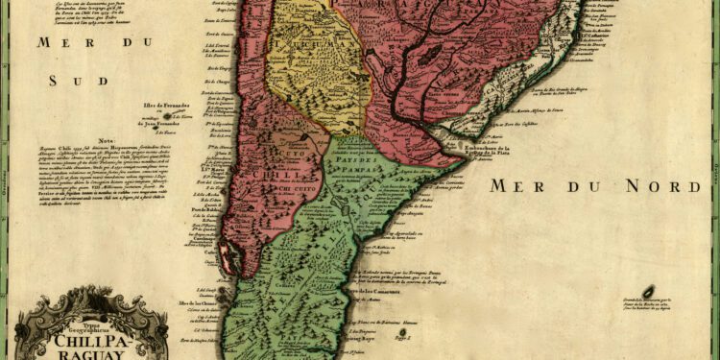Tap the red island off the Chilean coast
pyautogui.click(x=227, y=257)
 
